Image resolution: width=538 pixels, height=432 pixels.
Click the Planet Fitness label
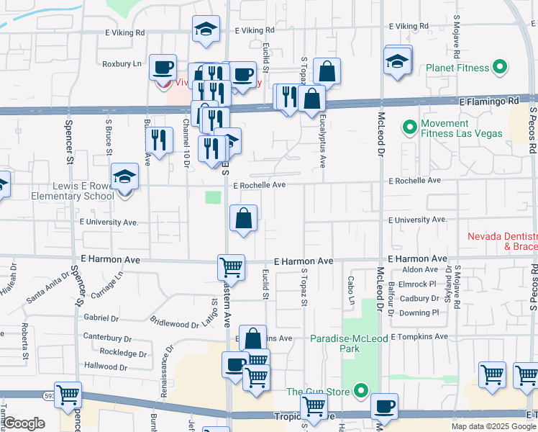coord(457,69)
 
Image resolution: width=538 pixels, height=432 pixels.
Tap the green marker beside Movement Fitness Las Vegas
coord(409,128)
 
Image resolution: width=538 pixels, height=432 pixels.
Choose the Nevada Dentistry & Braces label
coord(502,241)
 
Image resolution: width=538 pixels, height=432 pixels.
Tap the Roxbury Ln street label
coord(122,63)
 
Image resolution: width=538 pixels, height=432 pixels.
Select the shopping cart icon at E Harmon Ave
coord(231,267)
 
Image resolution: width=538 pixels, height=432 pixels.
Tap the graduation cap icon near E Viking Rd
coord(206,30)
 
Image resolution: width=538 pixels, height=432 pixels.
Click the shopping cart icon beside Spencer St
coord(68,395)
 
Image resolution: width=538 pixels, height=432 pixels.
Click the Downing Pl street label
coord(419,312)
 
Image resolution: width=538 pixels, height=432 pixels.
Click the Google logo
coord(24,423)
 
